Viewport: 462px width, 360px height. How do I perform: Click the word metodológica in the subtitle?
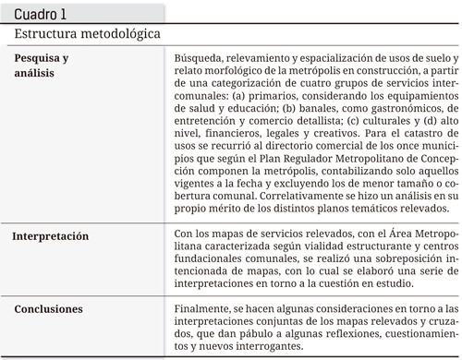coord(120,34)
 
